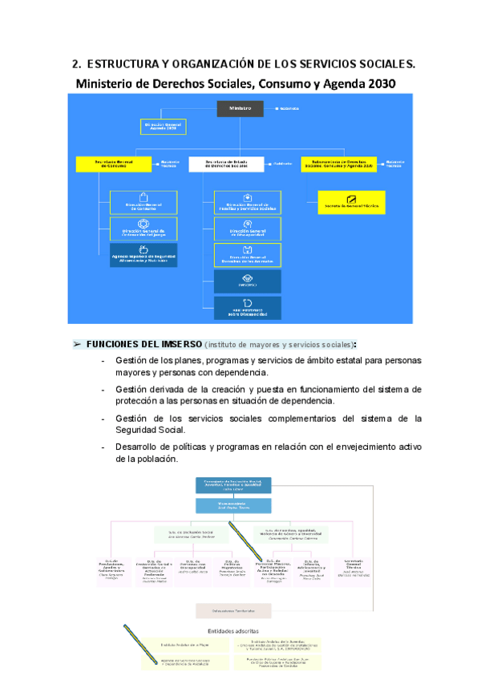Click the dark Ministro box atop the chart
point(240,107)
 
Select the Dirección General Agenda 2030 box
point(164,127)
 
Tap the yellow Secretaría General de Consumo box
point(114,164)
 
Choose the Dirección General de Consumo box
point(143,202)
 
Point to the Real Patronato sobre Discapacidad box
point(247,308)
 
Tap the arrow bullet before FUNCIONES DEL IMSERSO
point(78,344)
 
